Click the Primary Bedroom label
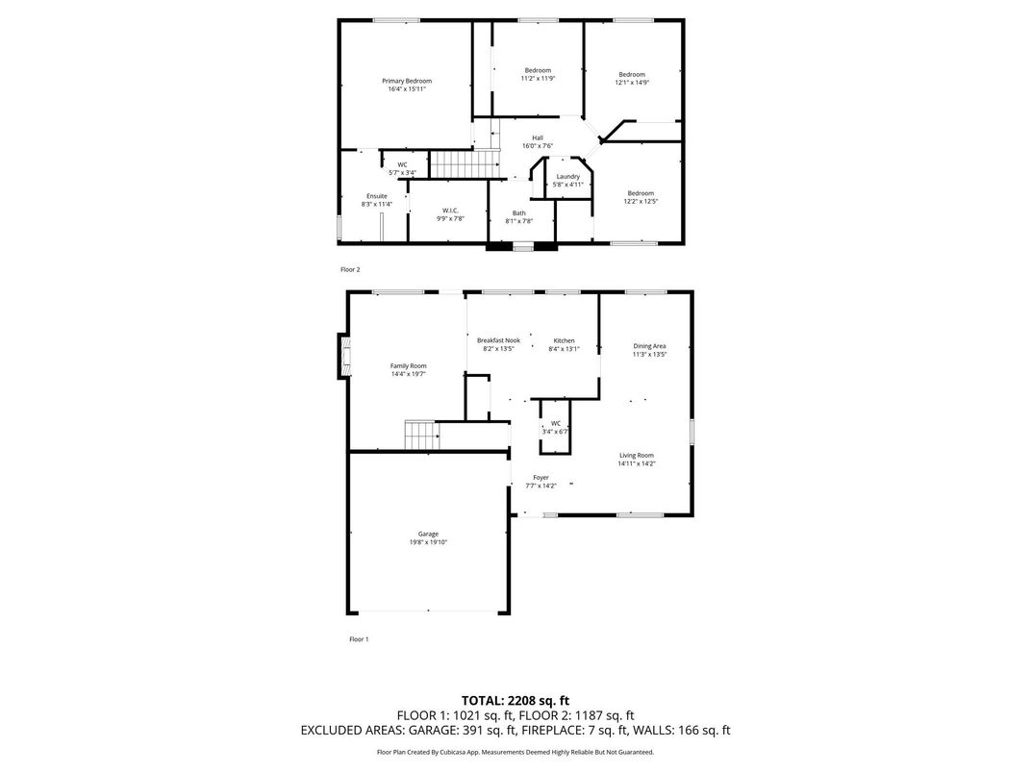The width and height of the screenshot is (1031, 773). point(406,81)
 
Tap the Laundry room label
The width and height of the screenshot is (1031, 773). point(567,176)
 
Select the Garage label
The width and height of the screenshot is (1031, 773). point(428,534)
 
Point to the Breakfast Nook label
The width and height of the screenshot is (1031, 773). point(498,341)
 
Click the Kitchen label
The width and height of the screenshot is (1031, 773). point(564,341)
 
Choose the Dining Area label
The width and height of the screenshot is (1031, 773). point(649,346)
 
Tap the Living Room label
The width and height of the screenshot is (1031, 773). point(636,455)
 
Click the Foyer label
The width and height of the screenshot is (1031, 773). point(541,477)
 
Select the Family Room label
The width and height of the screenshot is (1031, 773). point(408,365)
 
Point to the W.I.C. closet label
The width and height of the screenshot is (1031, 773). point(450,211)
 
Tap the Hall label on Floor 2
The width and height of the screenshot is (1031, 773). point(537,137)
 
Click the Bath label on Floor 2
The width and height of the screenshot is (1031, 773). point(518,212)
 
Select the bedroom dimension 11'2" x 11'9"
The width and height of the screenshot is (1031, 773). point(538,79)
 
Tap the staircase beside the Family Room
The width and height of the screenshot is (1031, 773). point(421,435)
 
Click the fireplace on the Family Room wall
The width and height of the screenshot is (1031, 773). point(341,357)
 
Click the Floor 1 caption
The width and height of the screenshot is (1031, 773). point(358,638)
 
